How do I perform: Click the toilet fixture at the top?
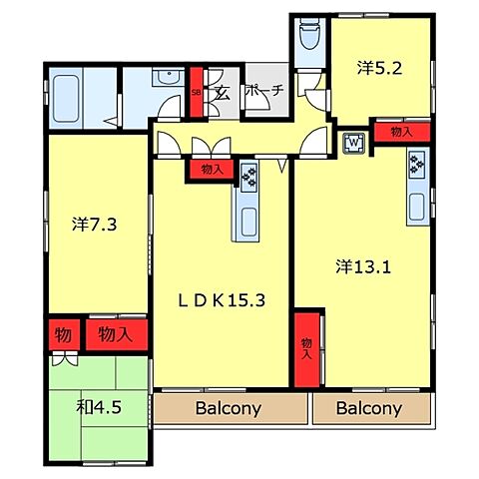tap(309, 34)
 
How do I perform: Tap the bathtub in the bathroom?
tap(66, 99)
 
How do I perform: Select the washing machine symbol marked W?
tap(354, 144)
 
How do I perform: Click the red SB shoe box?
tap(197, 93)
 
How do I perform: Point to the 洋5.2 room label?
tap(379, 68)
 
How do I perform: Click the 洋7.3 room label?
tap(94, 225)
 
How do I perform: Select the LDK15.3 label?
tap(222, 300)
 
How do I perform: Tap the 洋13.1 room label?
tap(363, 266)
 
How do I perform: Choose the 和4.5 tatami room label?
tap(99, 407)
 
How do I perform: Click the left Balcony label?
tap(229, 408)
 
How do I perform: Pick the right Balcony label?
tap(369, 408)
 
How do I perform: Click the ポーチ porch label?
tap(264, 90)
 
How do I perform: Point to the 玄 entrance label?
tap(223, 93)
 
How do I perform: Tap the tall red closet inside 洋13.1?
tap(307, 350)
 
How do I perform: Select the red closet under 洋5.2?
tap(402, 132)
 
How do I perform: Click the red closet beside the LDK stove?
tap(212, 170)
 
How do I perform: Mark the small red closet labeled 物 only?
tap(64, 334)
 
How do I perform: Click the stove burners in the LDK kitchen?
tap(248, 178)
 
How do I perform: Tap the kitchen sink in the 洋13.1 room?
tap(416, 207)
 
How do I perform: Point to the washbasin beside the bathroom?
tap(169, 77)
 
